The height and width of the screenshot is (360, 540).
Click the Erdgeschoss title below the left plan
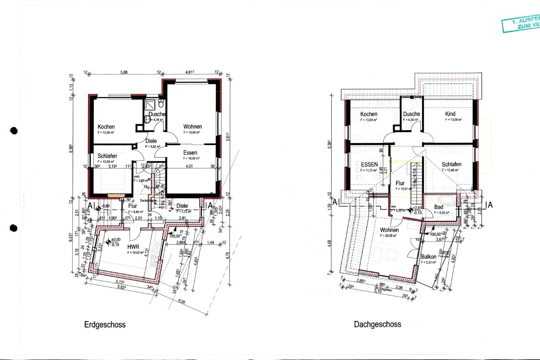coord(105,325)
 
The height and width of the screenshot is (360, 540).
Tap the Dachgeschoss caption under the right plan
coord(377,324)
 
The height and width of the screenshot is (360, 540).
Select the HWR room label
coord(134,247)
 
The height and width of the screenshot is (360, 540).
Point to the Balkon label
coord(429,257)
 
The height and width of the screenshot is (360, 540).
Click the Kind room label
coord(450,114)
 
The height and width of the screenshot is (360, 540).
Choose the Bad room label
coord(438,207)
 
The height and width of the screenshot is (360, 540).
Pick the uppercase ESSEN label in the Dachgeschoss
coord(369,164)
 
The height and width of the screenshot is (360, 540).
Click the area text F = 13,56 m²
coord(106,133)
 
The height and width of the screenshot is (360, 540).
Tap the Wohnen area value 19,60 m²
coord(192,133)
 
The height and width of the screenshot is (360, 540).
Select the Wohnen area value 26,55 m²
coord(389,236)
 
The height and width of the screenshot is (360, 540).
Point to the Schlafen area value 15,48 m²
coord(451,170)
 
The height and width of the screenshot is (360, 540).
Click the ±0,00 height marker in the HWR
coord(115,240)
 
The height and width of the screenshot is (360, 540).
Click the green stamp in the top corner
coord(521,25)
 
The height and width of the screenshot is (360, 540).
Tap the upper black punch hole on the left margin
coord(14,130)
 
